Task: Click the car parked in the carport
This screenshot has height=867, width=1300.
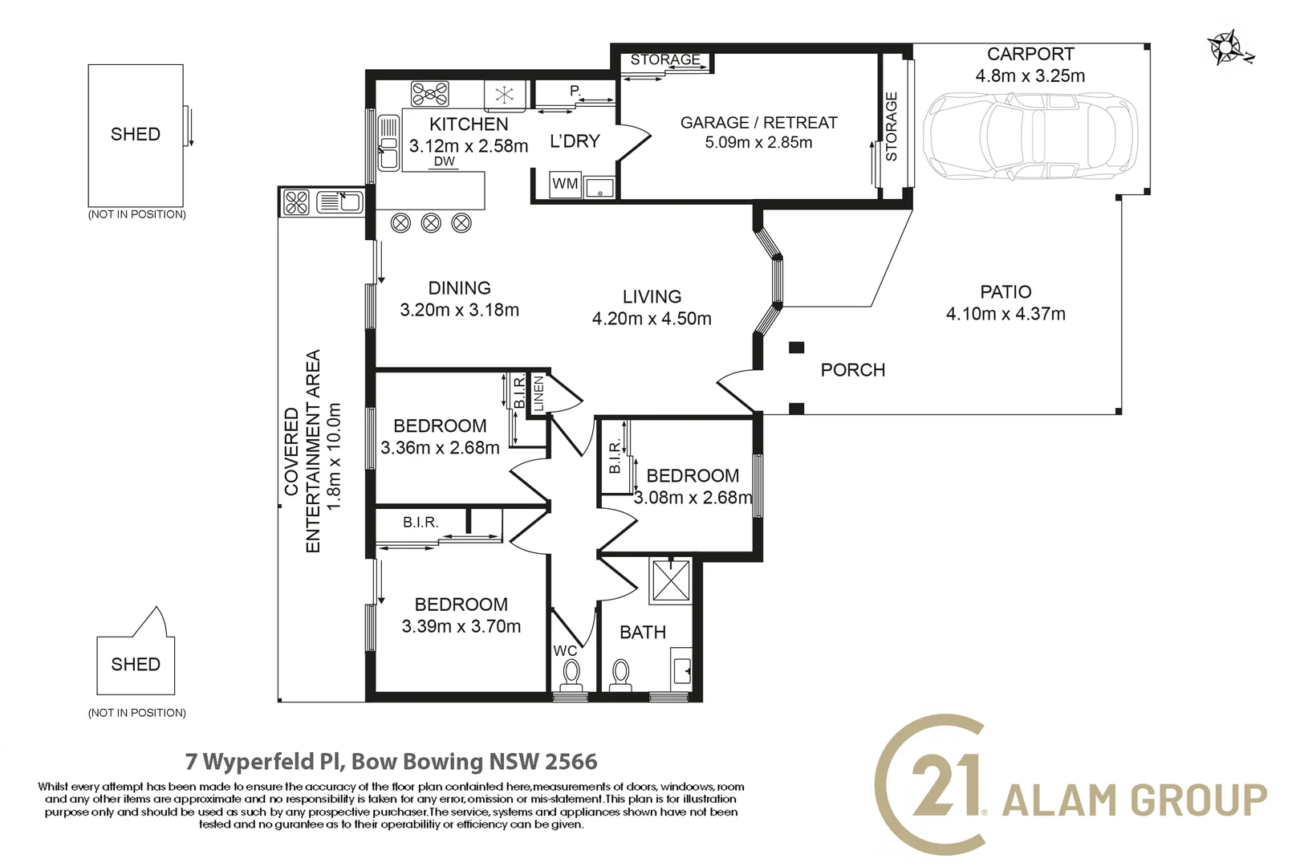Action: point(1030,137)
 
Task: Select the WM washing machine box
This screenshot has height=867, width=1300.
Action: point(565,184)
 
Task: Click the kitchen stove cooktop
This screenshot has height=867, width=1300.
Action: point(429,93)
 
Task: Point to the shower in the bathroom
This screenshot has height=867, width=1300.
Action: point(672,580)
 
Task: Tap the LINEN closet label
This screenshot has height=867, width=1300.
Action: point(538,393)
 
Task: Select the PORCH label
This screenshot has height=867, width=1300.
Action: point(852,370)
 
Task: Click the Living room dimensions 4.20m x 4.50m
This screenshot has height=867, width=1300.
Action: point(651,318)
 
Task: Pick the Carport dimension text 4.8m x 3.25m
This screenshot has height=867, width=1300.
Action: point(1030,75)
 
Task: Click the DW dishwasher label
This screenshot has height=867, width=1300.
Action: point(445,161)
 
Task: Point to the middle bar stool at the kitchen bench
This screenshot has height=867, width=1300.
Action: point(431,223)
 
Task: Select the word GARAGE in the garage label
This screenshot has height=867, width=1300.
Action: point(714,123)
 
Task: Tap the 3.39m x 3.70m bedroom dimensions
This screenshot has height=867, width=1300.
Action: point(461,626)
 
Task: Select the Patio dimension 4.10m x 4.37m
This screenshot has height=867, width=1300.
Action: point(1005,314)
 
